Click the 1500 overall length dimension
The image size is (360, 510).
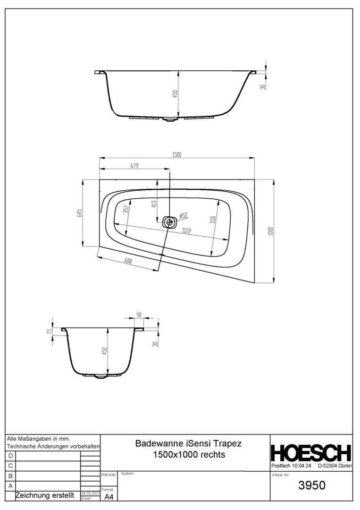click(x=177, y=154)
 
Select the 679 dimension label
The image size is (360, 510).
click(x=134, y=166)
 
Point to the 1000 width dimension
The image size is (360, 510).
click(x=271, y=231)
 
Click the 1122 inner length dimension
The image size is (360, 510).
click(x=186, y=231)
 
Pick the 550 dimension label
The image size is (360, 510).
click(x=213, y=220)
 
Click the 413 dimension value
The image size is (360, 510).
click(x=154, y=204)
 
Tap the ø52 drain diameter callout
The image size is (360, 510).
click(x=184, y=216)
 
